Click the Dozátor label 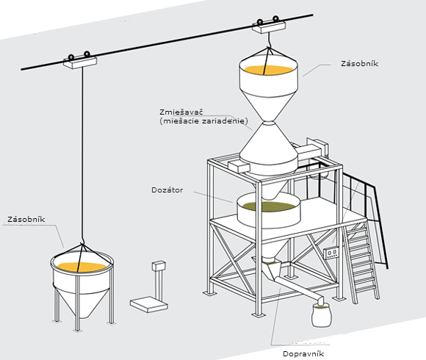point(167,190)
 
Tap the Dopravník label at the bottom point(303,353)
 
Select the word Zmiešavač point(181,112)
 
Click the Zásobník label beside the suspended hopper point(359,64)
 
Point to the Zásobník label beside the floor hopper point(26,219)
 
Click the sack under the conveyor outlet point(322,315)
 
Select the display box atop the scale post point(159,265)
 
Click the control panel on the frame point(331,253)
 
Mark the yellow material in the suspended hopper point(268,70)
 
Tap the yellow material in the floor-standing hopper point(82,267)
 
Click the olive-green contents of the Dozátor point(269,206)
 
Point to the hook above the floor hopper point(82,242)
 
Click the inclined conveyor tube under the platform point(298,287)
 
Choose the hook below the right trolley point(269,40)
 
